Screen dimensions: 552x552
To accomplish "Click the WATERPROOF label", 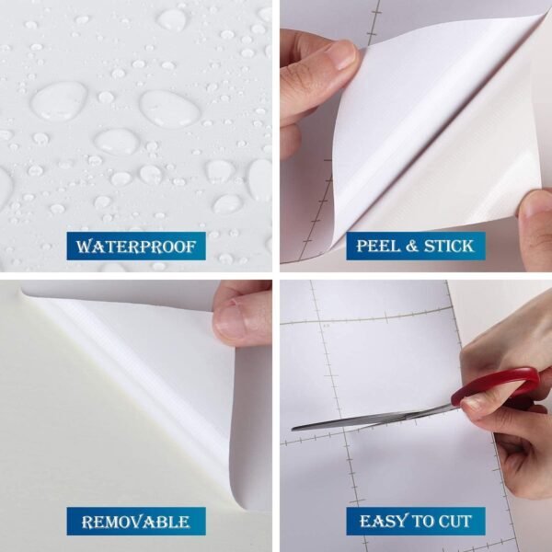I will pos(135,247).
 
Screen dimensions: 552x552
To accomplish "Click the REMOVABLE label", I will pos(135,522).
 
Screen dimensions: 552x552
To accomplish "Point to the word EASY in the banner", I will pos(384,522).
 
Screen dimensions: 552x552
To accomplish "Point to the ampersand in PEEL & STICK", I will pos(416,247).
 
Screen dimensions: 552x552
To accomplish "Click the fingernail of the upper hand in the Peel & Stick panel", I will pos(342,55).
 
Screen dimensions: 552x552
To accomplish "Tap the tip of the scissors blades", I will pos(296,427).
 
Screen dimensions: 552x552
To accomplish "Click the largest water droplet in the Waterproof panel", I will pos(61,99).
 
